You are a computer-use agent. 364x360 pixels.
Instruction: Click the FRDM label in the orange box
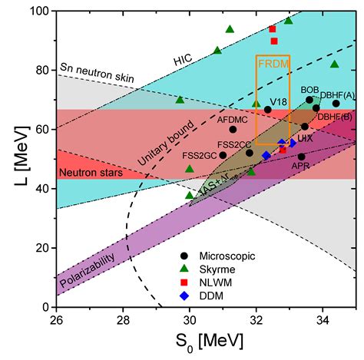click(273, 64)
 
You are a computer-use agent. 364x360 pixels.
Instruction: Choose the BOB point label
click(310, 90)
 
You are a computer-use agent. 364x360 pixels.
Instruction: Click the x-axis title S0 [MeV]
click(206, 339)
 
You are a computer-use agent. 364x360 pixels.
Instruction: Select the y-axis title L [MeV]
click(13, 159)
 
